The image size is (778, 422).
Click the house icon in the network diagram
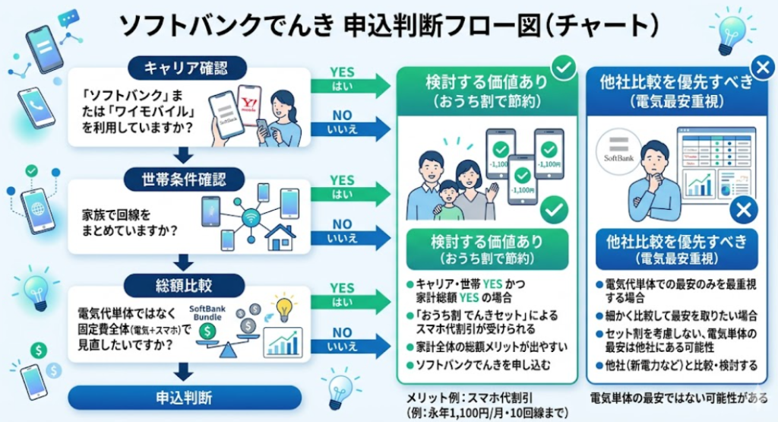280,236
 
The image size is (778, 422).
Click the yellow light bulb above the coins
283,308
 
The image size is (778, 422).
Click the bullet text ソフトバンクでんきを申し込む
477,364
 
